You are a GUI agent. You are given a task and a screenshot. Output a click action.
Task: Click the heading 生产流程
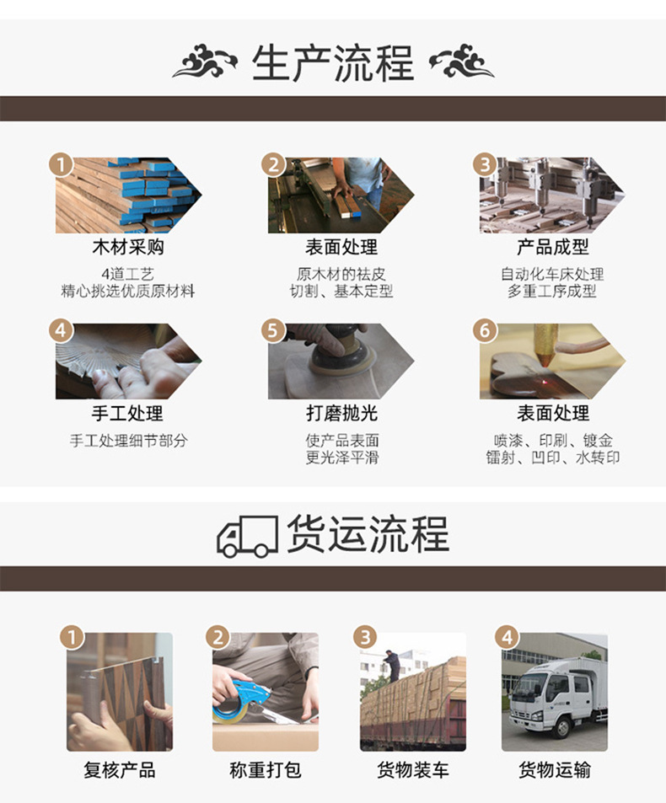pyautogui.click(x=333, y=63)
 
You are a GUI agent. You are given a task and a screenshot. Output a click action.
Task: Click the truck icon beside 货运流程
pyautogui.click(x=247, y=537)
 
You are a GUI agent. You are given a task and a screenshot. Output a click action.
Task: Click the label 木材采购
pyautogui.click(x=127, y=247)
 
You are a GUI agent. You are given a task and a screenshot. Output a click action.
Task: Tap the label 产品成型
pyautogui.click(x=552, y=247)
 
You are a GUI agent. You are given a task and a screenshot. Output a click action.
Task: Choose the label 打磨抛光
pyautogui.click(x=341, y=413)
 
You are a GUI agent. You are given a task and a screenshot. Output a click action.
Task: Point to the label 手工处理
pyautogui.click(x=127, y=413)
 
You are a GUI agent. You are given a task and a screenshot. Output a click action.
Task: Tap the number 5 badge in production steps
pyautogui.click(x=272, y=330)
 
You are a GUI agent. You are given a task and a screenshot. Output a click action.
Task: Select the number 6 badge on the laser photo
pyautogui.click(x=484, y=330)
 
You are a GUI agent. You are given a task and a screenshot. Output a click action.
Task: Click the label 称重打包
pyautogui.click(x=265, y=770)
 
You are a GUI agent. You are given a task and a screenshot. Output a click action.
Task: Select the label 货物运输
pyautogui.click(x=554, y=770)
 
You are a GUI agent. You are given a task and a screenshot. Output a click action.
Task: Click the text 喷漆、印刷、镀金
pyautogui.click(x=552, y=441)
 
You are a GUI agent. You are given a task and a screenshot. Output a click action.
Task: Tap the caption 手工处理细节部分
pyautogui.click(x=127, y=441)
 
